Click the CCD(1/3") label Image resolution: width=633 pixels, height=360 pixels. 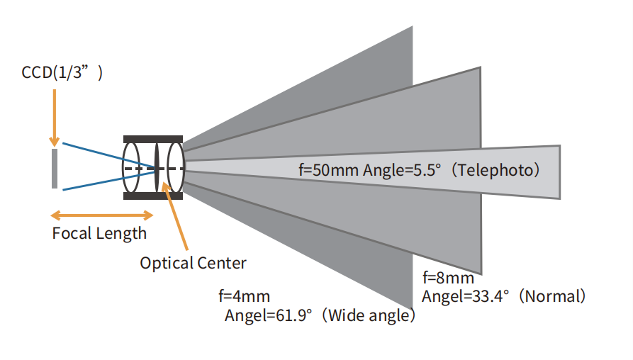click(x=62, y=72)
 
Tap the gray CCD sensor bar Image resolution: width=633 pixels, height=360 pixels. click(x=55, y=168)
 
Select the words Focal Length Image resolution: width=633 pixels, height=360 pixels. click(x=99, y=233)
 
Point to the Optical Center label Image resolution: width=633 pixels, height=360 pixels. click(x=193, y=263)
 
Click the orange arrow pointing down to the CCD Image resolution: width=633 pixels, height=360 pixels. click(x=54, y=113)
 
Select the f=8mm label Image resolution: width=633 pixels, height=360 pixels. click(x=448, y=278)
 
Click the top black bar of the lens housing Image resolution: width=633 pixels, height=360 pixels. click(x=153, y=138)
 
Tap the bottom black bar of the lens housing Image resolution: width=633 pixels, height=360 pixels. click(x=153, y=196)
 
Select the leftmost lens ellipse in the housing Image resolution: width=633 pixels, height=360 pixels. click(x=132, y=167)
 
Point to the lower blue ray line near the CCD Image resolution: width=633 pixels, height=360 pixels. click(x=92, y=184)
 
